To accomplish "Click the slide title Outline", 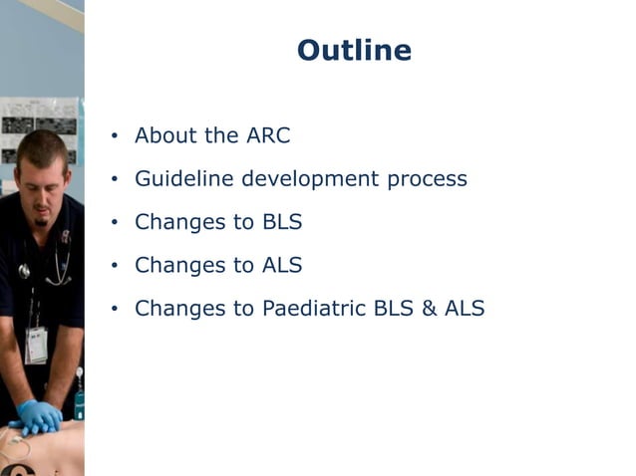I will pyautogui.click(x=354, y=51).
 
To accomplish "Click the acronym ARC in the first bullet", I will pyautogui.click(x=264, y=136).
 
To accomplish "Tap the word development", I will pyautogui.click(x=316, y=180).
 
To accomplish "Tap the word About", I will pyautogui.click(x=163, y=136).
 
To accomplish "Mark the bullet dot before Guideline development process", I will pyautogui.click(x=115, y=180).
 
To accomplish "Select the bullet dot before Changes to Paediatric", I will pyautogui.click(x=115, y=310).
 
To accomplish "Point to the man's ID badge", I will pyautogui.click(x=36, y=344).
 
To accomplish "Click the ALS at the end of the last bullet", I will pyautogui.click(x=465, y=309).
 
